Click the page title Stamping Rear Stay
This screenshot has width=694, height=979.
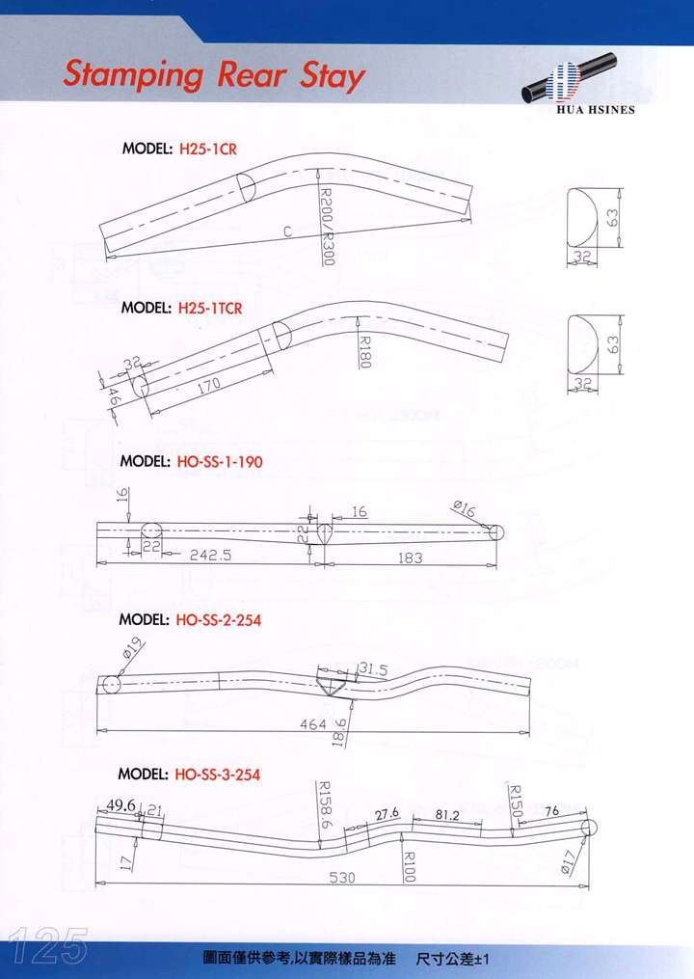pos(212,74)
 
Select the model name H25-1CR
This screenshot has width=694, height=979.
pos(208,150)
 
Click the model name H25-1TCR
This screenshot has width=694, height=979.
pos(210,310)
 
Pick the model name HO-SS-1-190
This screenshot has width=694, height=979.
pos(220,462)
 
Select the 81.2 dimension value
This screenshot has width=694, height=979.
pos(446,815)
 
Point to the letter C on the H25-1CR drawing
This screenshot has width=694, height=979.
pos(288,231)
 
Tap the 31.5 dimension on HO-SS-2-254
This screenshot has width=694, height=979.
pos(372,668)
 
